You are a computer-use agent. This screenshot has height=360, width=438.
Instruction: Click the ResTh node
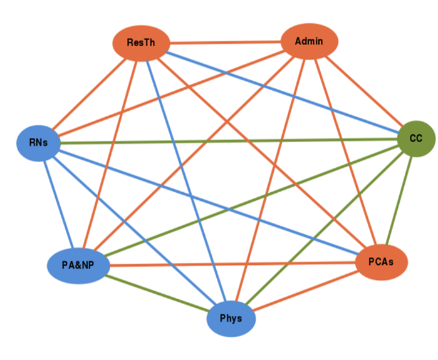140,43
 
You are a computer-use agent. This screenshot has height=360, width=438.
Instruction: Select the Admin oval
309,41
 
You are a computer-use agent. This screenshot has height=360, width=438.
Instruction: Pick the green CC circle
415,138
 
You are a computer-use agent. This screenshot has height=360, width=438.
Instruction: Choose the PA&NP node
78,265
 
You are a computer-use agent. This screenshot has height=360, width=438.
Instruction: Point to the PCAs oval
382,262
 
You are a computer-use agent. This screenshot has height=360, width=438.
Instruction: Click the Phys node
231,318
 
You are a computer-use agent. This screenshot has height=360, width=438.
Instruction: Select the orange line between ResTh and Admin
226,43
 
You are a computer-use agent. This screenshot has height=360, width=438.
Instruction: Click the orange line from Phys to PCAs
306,291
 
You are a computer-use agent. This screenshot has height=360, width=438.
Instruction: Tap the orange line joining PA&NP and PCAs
232,264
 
